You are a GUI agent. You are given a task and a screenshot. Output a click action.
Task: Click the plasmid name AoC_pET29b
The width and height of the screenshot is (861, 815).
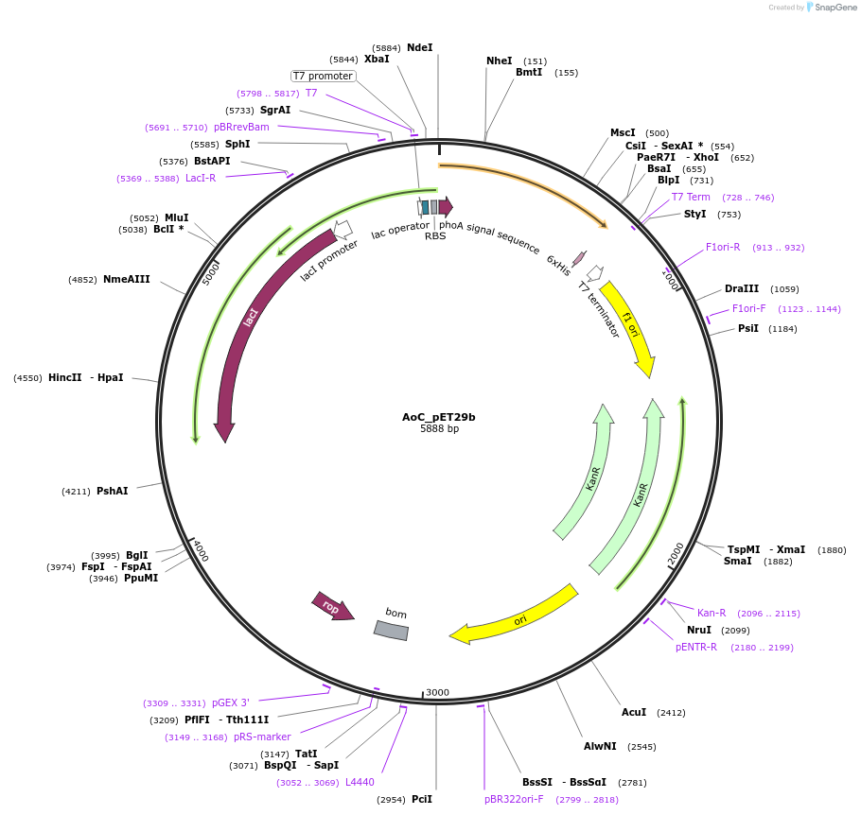[438, 417]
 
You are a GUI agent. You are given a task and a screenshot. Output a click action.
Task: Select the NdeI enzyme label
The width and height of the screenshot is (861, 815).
[419, 47]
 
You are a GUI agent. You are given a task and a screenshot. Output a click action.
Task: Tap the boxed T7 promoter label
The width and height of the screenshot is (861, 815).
[323, 76]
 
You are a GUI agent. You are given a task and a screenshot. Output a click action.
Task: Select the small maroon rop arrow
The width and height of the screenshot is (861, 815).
[332, 607]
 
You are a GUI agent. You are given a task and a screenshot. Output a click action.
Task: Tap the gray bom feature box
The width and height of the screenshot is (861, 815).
[391, 630]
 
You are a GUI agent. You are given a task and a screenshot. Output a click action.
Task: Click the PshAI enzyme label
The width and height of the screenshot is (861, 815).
[112, 491]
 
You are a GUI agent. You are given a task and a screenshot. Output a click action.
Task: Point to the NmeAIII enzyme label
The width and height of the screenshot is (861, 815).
[127, 279]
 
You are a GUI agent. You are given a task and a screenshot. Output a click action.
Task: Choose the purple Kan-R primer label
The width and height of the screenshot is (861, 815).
[712, 613]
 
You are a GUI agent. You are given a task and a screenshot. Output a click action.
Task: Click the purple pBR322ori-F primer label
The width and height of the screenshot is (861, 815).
[514, 799]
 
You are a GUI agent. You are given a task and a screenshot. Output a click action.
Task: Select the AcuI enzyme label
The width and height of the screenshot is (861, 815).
[634, 712]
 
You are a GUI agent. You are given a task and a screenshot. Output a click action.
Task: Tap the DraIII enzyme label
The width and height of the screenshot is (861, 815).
[742, 288]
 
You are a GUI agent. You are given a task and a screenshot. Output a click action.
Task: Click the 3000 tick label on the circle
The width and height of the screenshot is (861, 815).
[437, 692]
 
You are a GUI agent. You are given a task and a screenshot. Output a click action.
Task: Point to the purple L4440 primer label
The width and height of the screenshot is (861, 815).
[360, 782]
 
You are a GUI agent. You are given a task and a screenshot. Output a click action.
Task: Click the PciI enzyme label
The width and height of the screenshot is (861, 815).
[422, 799]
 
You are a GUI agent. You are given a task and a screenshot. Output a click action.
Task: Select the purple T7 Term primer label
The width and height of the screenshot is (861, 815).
[691, 197]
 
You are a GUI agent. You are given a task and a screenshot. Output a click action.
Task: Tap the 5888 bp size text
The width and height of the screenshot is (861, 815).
[439, 429]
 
